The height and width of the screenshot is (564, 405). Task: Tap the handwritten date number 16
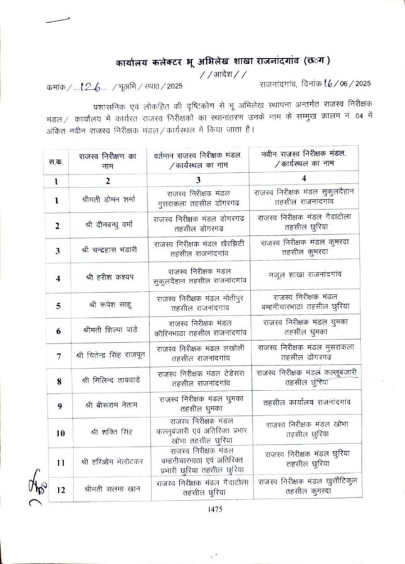click(326, 84)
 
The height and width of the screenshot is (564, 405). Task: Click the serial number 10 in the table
click(60, 432)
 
